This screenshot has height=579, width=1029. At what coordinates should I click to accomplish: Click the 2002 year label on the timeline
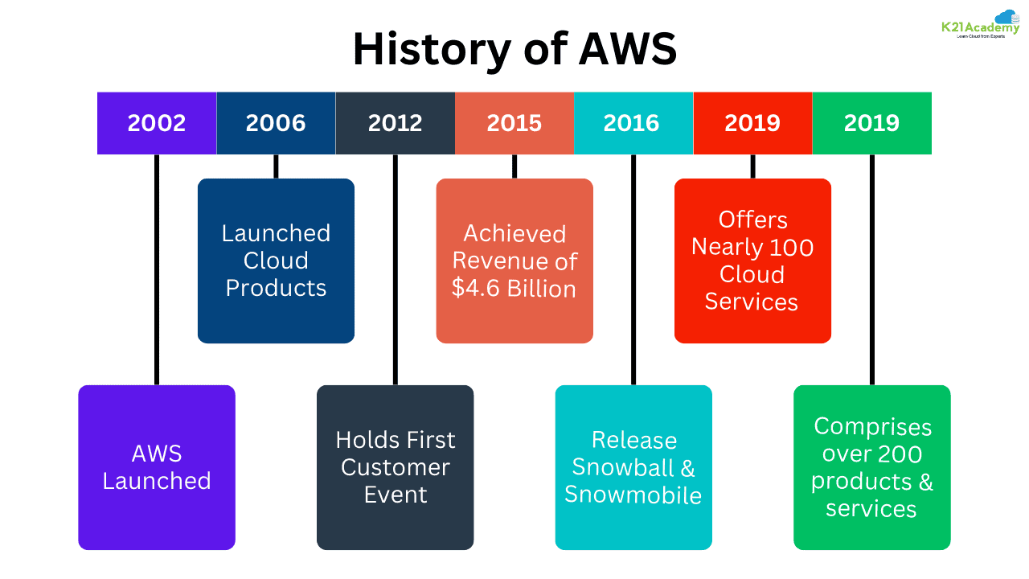[x=157, y=123]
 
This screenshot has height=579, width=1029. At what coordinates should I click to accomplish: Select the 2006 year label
[x=276, y=123]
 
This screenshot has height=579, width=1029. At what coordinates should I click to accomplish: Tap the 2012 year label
[x=395, y=123]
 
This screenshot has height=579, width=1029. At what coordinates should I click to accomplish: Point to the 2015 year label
[x=514, y=123]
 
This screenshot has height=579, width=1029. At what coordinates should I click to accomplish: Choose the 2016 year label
[x=631, y=123]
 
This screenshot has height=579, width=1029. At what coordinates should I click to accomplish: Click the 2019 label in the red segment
[x=752, y=123]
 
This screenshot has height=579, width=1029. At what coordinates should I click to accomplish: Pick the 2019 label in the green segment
[x=871, y=123]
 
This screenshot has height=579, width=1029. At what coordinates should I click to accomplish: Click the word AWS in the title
[x=628, y=50]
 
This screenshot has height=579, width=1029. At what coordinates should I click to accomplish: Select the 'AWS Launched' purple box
[x=157, y=467]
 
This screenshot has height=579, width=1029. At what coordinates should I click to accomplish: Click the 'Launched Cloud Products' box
[x=276, y=261]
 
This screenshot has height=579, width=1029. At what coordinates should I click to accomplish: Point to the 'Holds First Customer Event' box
[x=395, y=467]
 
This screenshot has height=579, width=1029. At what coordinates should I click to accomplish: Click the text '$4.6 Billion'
[x=514, y=289]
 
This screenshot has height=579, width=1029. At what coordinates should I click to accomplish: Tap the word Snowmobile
[x=633, y=495]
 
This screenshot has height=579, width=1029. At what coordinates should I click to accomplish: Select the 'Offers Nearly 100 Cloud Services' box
[x=752, y=261]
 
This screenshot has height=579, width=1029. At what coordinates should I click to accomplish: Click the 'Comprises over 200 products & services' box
[x=871, y=467]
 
